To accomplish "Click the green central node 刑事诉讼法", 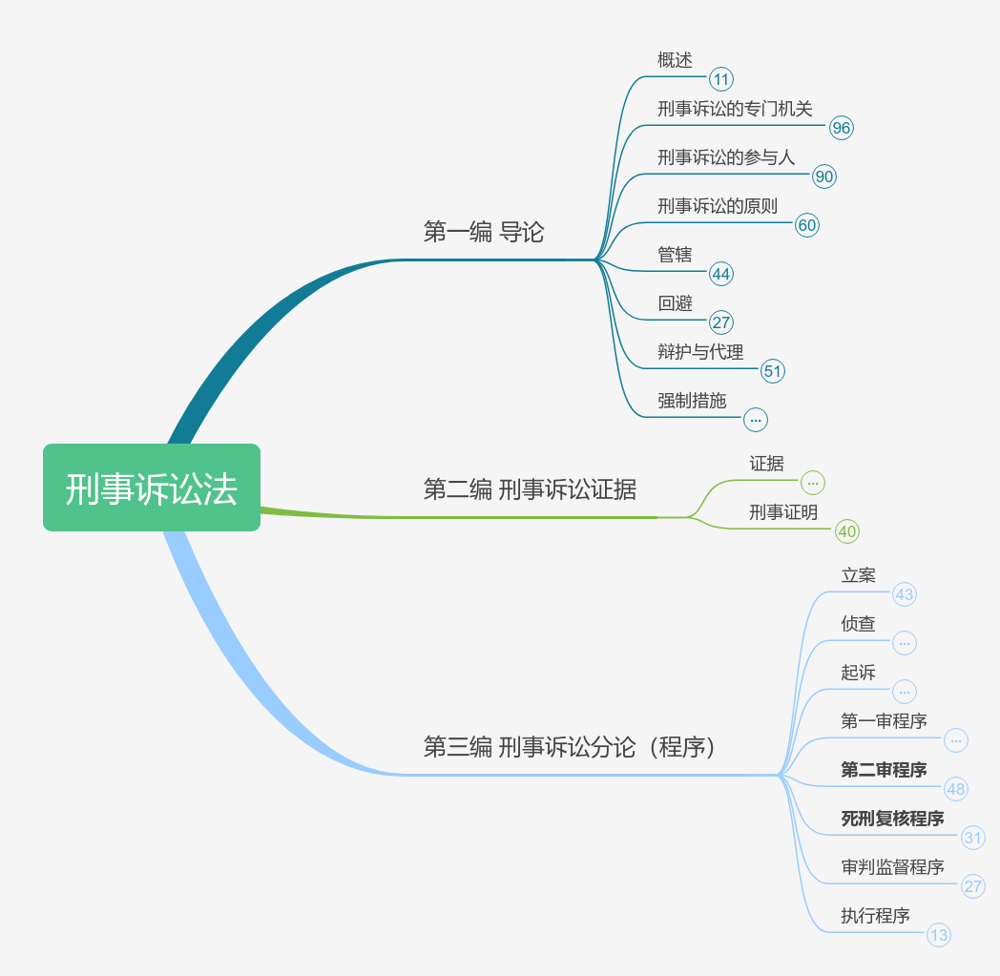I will (151, 488).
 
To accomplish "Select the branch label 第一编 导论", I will (484, 232).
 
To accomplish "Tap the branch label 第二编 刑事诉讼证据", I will (530, 489).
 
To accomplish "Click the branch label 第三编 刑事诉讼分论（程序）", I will (570, 747).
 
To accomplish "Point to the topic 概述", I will (675, 60).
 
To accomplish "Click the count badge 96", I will (841, 128).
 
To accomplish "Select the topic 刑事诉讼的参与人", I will (726, 157).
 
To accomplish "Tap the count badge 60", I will (806, 225).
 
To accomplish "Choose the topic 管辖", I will (675, 255).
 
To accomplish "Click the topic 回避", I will (675, 303).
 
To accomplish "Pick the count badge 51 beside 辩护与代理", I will (773, 371).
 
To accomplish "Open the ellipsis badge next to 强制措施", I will (756, 419).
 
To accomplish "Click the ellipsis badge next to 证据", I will (812, 483).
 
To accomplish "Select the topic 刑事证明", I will (783, 512).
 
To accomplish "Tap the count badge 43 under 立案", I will (904, 595).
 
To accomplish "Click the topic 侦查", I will (858, 624).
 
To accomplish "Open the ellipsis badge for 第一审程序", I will (956, 740).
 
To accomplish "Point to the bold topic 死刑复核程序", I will (892, 819).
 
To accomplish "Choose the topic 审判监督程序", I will (892, 867).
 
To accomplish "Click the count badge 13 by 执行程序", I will (939, 935).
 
